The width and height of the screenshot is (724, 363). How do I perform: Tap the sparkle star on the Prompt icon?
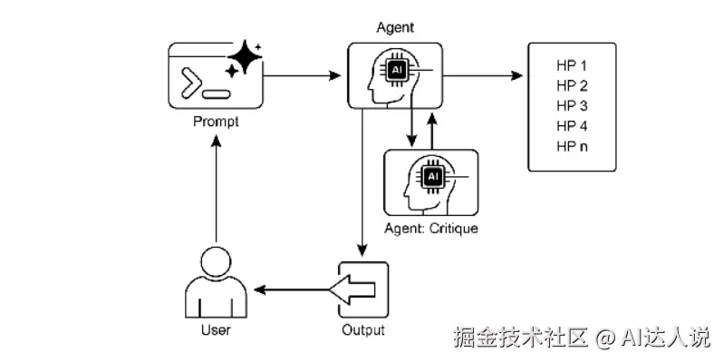coord(244,57)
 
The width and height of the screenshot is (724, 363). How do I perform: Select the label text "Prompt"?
coord(216,122)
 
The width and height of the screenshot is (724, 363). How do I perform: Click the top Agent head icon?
coord(395,75)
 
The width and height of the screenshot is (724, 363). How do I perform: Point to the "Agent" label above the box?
coord(395,27)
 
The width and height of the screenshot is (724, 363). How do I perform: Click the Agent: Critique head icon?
coord(430,181)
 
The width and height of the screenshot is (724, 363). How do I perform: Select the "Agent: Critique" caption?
coord(431,228)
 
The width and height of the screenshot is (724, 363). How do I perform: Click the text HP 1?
coord(572,66)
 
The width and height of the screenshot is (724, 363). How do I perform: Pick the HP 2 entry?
coord(572,86)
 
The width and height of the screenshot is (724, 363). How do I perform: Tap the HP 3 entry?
coord(572,105)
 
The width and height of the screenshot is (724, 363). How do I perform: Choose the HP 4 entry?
coord(572,125)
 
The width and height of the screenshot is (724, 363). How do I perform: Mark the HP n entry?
coord(572,145)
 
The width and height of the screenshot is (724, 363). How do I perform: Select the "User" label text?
coord(215,329)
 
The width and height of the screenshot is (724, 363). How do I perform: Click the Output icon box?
coord(362,289)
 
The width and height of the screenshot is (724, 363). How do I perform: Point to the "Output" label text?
coord(362,329)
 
